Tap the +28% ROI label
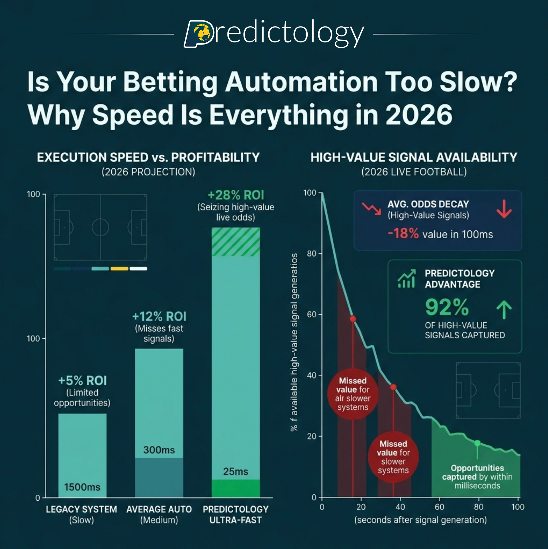pos(236,195)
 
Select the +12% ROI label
pos(159,316)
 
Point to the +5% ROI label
pos(82,381)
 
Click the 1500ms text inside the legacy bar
pos(82,487)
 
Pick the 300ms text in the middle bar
pos(159,450)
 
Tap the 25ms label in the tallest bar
pos(236,471)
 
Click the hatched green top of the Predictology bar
pos(236,242)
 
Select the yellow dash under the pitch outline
pos(119,269)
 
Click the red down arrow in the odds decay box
pos(504,209)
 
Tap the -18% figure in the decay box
pos(403,234)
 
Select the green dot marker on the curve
pos(477,443)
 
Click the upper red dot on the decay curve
pos(353,319)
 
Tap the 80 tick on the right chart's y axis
pos(312,254)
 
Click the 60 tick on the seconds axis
pos(439,507)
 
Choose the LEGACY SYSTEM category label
pos(81,509)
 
